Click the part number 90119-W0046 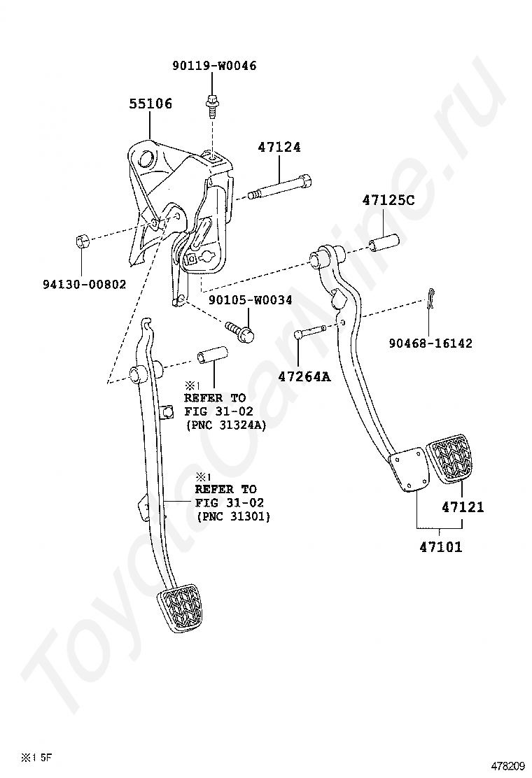point(214,66)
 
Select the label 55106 point(150,104)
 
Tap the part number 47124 point(279,148)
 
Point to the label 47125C point(388,201)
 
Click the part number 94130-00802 point(84,285)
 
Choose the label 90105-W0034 point(250,300)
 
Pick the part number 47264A point(304,376)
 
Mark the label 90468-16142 point(430,343)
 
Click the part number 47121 point(463,507)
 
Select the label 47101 point(441,547)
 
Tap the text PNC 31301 point(236,516)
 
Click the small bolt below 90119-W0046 point(212,105)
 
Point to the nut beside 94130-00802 point(81,242)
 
